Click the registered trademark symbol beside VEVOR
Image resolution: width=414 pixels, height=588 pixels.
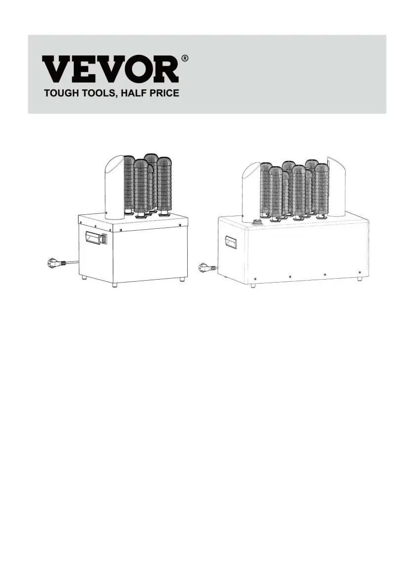pyautogui.click(x=185, y=59)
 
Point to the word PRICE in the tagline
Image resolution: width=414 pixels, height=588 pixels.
pyautogui.click(x=165, y=93)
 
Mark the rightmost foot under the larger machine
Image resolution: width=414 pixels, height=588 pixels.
pyautogui.click(x=359, y=279)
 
